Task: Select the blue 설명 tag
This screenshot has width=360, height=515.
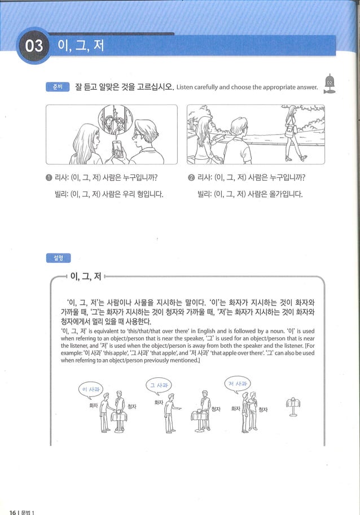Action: point(58,258)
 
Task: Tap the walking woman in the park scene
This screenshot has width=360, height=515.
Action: point(292,132)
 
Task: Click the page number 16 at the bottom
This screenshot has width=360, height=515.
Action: point(12,512)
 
